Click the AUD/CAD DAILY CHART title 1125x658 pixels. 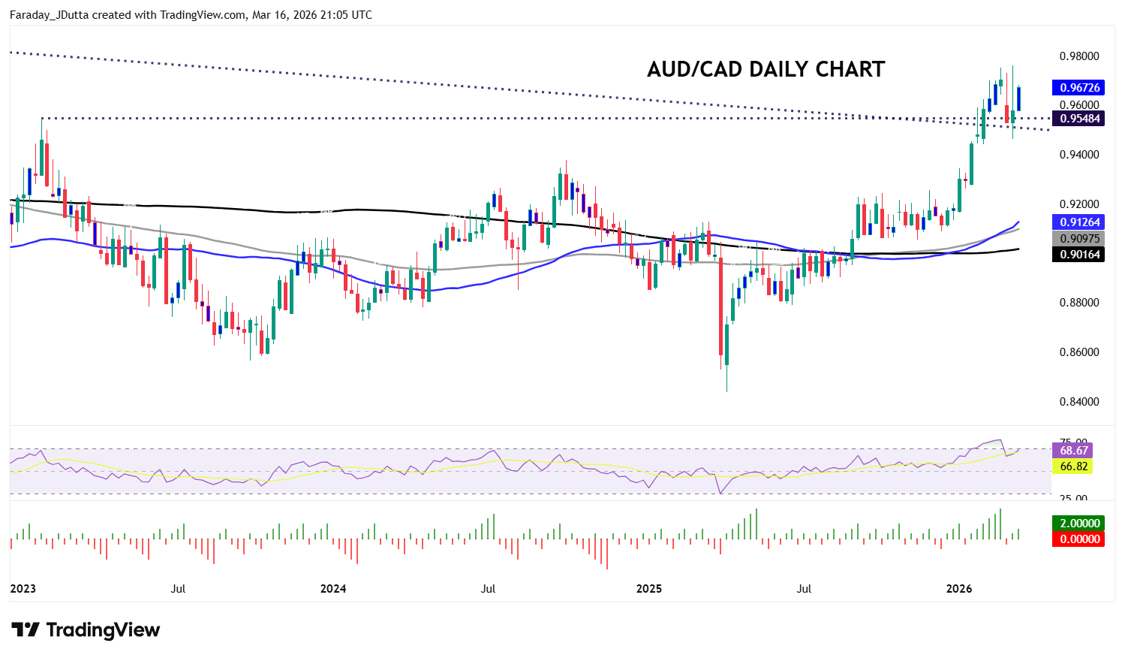[x=766, y=69]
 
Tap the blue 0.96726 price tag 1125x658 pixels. [x=1078, y=88]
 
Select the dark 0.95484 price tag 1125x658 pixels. [x=1078, y=118]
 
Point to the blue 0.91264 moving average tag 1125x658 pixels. [x=1078, y=222]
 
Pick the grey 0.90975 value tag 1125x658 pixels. [x=1078, y=239]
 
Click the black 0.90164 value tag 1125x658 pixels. [x=1078, y=255]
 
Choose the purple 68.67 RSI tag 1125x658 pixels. [x=1073, y=451]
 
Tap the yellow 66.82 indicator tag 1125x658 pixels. [x=1073, y=466]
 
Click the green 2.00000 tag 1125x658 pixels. [x=1078, y=524]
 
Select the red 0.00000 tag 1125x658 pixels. [x=1078, y=539]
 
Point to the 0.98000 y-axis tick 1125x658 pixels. [x=1079, y=56]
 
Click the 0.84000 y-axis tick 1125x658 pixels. [x=1079, y=402]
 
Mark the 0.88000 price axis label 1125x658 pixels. [x=1079, y=303]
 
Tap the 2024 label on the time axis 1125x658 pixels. [x=333, y=589]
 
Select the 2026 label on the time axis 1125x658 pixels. [x=959, y=589]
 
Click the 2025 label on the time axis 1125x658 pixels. [x=649, y=589]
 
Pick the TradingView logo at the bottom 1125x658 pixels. [x=86, y=629]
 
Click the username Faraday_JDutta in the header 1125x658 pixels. [x=49, y=15]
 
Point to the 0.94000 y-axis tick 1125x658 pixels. [x=1079, y=155]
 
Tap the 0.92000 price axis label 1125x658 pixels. [x=1079, y=204]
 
